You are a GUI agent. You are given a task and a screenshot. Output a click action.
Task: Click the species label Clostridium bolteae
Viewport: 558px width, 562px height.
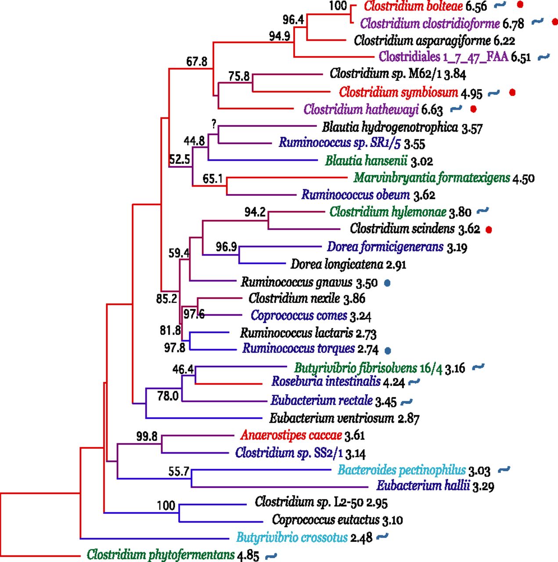(413, 6)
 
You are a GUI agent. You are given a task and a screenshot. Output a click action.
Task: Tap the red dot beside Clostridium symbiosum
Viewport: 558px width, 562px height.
(512, 92)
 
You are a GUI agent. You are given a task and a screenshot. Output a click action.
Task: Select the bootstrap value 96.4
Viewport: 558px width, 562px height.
(293, 20)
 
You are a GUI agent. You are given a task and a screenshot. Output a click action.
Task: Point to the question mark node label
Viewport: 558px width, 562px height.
(214, 124)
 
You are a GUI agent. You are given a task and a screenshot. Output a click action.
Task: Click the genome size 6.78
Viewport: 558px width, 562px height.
(513, 23)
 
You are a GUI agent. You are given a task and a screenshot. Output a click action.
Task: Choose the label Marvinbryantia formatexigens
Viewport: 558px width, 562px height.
(432, 178)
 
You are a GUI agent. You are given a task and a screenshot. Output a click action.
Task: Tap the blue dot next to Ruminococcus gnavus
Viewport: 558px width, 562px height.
(387, 283)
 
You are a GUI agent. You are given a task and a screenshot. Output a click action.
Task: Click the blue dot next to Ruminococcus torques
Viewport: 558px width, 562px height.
(388, 350)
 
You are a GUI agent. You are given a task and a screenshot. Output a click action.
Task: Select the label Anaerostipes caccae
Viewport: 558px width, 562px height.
(291, 435)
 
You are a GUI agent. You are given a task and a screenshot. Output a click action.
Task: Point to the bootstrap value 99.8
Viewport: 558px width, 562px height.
(147, 436)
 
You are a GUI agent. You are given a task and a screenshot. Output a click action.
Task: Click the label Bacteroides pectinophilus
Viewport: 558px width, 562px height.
(401, 470)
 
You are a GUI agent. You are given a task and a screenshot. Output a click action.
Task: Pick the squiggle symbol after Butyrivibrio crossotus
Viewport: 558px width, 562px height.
(382, 536)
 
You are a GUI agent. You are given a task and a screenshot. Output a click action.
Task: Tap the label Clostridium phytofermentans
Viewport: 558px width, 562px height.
(161, 555)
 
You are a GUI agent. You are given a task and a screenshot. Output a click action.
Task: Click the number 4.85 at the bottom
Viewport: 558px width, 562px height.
(248, 555)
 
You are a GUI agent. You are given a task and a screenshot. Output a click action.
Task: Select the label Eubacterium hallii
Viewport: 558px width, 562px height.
(423, 486)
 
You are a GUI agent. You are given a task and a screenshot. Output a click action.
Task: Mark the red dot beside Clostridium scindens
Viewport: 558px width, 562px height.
(489, 229)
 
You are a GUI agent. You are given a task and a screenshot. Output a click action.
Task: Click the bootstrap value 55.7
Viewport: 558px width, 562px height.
(179, 472)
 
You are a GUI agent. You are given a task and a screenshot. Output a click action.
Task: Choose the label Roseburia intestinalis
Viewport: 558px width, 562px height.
(326, 381)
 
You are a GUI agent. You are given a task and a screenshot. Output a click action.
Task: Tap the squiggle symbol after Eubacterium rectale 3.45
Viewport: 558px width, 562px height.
(407, 401)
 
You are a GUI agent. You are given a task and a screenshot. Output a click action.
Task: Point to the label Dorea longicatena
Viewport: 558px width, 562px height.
(337, 264)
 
